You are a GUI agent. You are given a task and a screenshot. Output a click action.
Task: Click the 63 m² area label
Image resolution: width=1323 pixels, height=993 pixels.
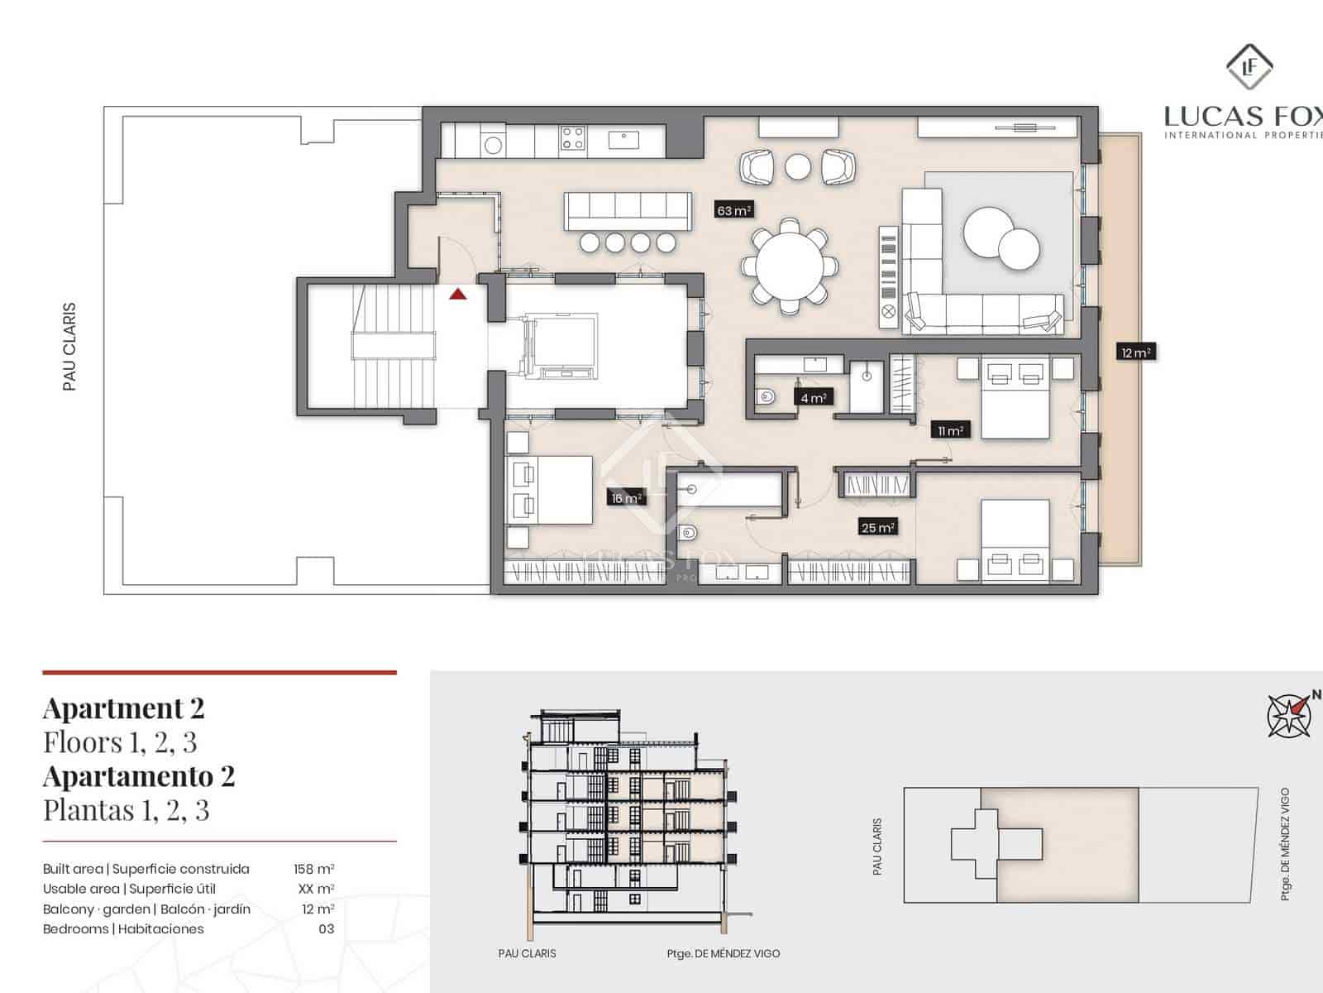point(733,210)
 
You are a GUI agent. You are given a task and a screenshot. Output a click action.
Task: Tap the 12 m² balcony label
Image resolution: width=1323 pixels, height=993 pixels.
point(1135,353)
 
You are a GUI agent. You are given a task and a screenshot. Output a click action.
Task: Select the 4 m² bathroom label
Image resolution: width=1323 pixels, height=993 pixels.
point(814,398)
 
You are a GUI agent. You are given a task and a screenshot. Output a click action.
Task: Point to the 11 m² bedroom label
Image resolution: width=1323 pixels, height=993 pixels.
point(950,430)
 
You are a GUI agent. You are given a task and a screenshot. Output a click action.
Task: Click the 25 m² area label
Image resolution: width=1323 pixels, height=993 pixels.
point(877,527)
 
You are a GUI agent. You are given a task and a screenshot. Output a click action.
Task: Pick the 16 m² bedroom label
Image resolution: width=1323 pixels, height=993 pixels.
point(626,498)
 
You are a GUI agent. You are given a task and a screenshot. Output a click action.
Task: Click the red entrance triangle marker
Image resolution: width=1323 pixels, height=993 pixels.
point(457,293)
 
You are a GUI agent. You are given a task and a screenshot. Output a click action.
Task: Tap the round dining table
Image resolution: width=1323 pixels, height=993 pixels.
point(790,267)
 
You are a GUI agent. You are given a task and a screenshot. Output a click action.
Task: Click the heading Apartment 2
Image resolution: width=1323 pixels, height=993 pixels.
point(123,708)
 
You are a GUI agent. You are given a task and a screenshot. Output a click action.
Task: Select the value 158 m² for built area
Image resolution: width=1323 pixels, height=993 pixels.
point(313,869)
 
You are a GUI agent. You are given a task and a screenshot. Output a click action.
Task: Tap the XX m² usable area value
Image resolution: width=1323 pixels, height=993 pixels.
point(316,889)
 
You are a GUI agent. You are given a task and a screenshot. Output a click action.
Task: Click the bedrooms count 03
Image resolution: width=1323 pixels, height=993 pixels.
point(326,928)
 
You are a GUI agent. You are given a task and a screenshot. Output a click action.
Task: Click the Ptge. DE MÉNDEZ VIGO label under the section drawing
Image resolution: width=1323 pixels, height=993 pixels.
point(723,953)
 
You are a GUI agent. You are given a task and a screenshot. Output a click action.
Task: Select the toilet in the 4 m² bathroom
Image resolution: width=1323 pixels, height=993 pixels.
point(767,397)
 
